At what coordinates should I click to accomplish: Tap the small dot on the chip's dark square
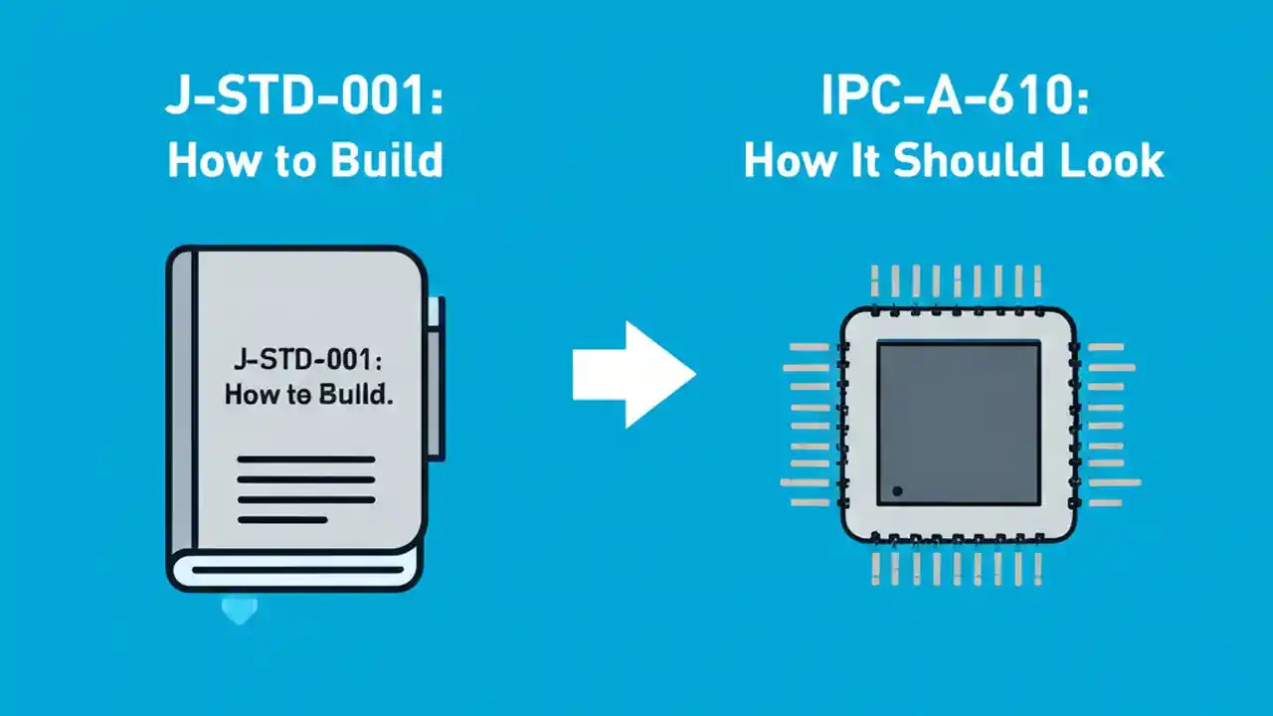897,491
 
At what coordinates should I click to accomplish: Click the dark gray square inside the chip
959,422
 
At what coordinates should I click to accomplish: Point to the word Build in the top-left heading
390,160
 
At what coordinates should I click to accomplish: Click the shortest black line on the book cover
281,519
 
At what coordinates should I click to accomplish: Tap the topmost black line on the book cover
305,459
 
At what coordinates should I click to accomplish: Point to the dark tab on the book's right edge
435,378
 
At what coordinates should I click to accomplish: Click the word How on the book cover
248,394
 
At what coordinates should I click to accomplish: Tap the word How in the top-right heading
786,160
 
